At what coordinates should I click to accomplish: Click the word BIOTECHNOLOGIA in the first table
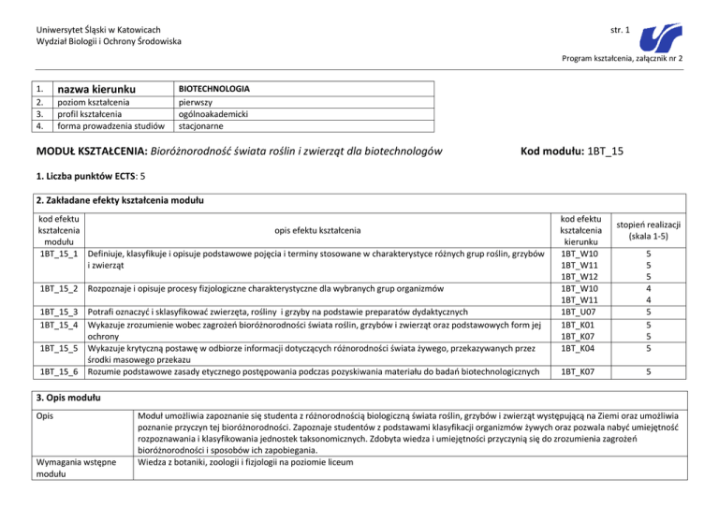tap(213, 88)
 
